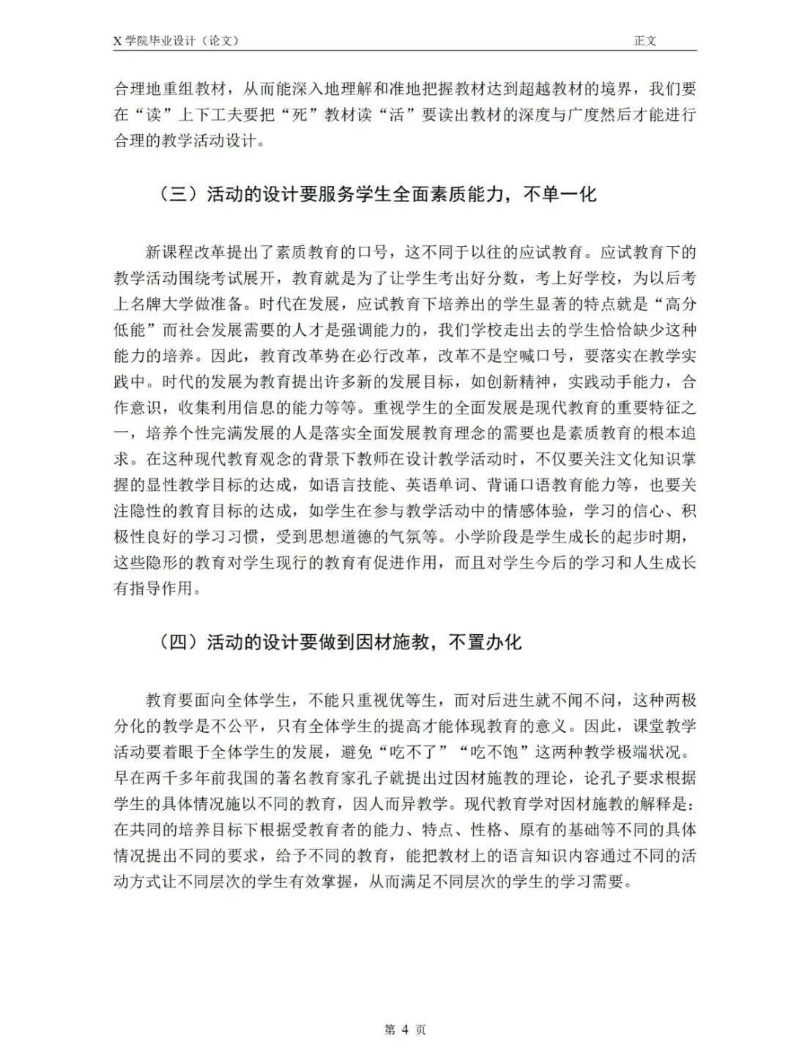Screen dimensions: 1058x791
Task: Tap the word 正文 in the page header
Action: pyautogui.click(x=645, y=41)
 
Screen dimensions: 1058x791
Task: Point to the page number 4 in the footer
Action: pyautogui.click(x=405, y=1029)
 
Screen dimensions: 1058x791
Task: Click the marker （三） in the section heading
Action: pyautogui.click(x=179, y=195)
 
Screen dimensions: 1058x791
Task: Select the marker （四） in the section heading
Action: pyautogui.click(x=179, y=642)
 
